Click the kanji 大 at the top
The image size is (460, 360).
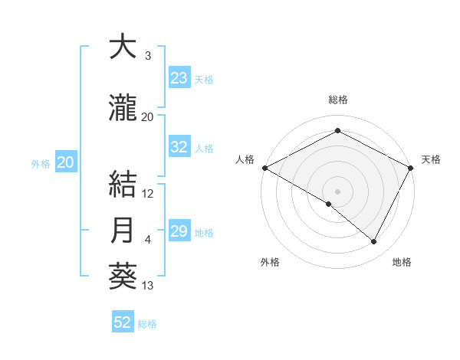(123, 47)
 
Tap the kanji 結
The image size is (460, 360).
(123, 185)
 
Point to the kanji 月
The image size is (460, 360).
(123, 231)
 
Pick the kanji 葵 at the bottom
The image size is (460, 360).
(123, 277)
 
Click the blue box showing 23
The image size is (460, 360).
(179, 78)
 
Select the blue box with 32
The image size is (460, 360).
(179, 147)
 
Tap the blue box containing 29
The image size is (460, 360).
(179, 231)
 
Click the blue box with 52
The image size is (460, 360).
(122, 322)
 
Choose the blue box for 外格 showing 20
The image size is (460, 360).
(66, 162)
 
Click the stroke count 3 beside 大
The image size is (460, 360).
(148, 56)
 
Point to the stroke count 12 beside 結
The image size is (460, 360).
(148, 194)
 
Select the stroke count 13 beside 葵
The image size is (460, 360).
(148, 286)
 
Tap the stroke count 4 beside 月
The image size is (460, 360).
(148, 240)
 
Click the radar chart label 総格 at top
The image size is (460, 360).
(337, 100)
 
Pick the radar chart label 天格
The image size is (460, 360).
(431, 159)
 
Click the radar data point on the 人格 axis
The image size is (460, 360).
(264, 167)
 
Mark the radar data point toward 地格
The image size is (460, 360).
(374, 241)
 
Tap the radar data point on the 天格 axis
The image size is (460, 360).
(411, 167)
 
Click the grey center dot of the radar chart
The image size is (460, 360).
(337, 191)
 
